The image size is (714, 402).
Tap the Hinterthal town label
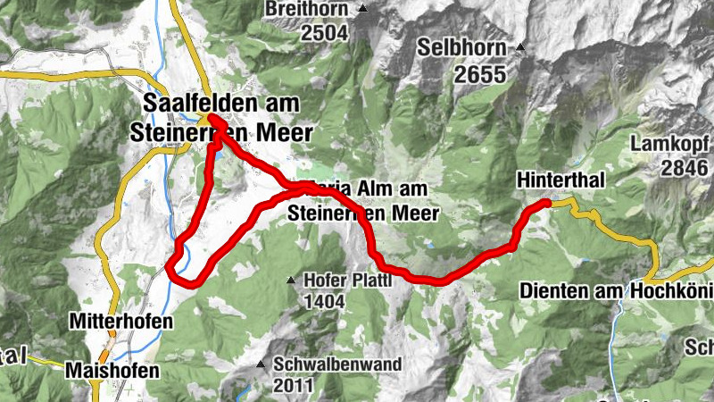[560, 180]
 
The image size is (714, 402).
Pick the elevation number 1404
[324, 301]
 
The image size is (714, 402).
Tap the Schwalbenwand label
[337, 364]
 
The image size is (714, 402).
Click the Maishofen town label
[113, 369]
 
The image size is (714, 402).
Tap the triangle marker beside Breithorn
[362, 9]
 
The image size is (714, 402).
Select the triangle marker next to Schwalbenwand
[261, 364]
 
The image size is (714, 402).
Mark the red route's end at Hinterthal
[544, 205]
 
